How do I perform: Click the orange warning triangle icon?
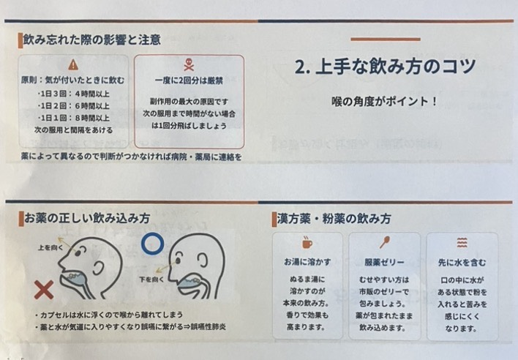pyautogui.click(x=73, y=64)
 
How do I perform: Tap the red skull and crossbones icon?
pyautogui.click(x=189, y=64)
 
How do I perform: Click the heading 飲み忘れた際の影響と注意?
pyautogui.click(x=92, y=40)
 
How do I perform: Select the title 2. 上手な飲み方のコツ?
pyautogui.click(x=385, y=67)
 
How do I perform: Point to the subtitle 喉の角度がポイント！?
pyautogui.click(x=385, y=101)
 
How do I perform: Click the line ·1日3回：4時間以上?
pyautogui.click(x=73, y=94)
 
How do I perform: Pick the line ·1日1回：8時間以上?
pyautogui.click(x=73, y=118)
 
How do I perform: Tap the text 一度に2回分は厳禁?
pyautogui.click(x=189, y=81)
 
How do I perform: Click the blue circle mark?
pyautogui.click(x=153, y=244)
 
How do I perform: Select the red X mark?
pyautogui.click(x=44, y=290)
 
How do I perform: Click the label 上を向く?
pyautogui.click(x=50, y=248)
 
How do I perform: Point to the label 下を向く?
pyautogui.click(x=151, y=280)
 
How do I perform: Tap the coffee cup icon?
pyautogui.click(x=307, y=243)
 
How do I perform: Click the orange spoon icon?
pyautogui.click(x=385, y=242)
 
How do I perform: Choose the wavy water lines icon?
pyautogui.click(x=462, y=242)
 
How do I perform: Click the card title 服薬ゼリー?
pyautogui.click(x=385, y=263)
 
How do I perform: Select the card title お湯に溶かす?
pyautogui.click(x=307, y=262)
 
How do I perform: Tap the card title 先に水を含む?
pyautogui.click(x=462, y=263)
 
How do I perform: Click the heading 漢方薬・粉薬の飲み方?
pyautogui.click(x=334, y=219)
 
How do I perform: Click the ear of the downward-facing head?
pyautogui.click(x=202, y=260)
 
